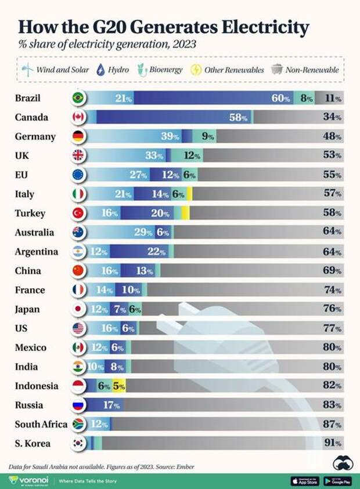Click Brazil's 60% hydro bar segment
215,99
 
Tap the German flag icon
78,137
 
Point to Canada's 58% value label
238,118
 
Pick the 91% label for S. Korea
332,444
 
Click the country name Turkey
30,213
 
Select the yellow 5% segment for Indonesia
118,386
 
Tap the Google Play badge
338,481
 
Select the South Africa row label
41,424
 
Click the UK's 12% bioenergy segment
192,156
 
